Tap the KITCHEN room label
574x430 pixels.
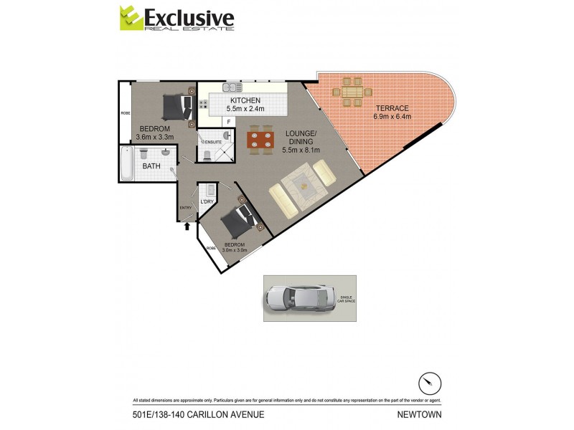tap(245, 100)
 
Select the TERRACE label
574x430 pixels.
tap(392, 109)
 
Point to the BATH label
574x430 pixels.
tap(151, 166)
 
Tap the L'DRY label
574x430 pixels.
tap(207, 202)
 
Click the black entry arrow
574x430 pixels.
tap(187, 226)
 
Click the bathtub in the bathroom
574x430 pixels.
tap(128, 165)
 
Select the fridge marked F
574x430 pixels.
tap(228, 122)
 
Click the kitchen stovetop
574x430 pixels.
tap(203, 105)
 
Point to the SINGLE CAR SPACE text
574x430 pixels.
tap(347, 299)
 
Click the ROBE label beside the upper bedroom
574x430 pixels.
tap(124, 113)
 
